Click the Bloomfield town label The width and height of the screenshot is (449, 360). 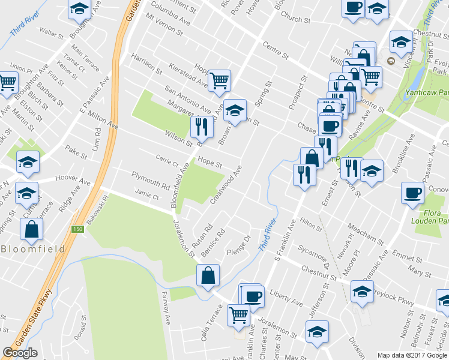[28, 248]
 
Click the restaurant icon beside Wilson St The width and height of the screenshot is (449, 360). [200, 126]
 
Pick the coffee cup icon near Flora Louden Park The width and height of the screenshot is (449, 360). [412, 193]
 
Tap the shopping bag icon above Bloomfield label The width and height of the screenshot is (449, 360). [31, 228]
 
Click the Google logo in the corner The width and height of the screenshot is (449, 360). [20, 353]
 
